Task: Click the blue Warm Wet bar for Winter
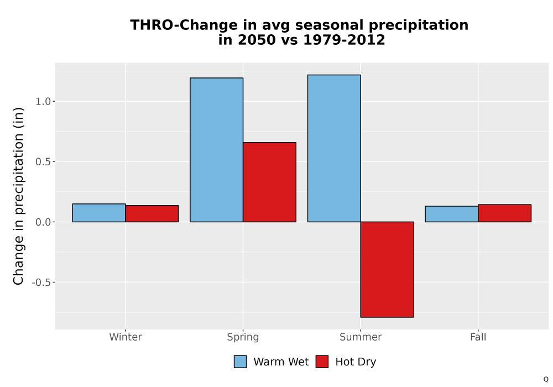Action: coord(99,213)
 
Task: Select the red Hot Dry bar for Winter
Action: coord(152,213)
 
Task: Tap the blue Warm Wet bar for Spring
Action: coord(217,150)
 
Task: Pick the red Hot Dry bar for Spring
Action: coord(269,182)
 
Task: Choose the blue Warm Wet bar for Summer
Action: coord(334,148)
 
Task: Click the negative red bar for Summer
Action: coord(387,270)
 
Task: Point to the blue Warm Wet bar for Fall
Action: coord(452,214)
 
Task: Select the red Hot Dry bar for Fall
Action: coord(505,213)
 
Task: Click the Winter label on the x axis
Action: coord(126,337)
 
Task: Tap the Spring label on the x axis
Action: coord(243,337)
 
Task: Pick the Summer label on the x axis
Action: coord(361,337)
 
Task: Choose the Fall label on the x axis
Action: coord(478,337)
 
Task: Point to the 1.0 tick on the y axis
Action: coord(43,102)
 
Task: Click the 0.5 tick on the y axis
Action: coord(43,162)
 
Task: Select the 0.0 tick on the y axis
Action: coord(43,222)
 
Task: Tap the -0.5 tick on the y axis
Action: coord(41,283)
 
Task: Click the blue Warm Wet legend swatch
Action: coord(240,362)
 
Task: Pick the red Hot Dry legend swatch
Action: coord(322,362)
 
